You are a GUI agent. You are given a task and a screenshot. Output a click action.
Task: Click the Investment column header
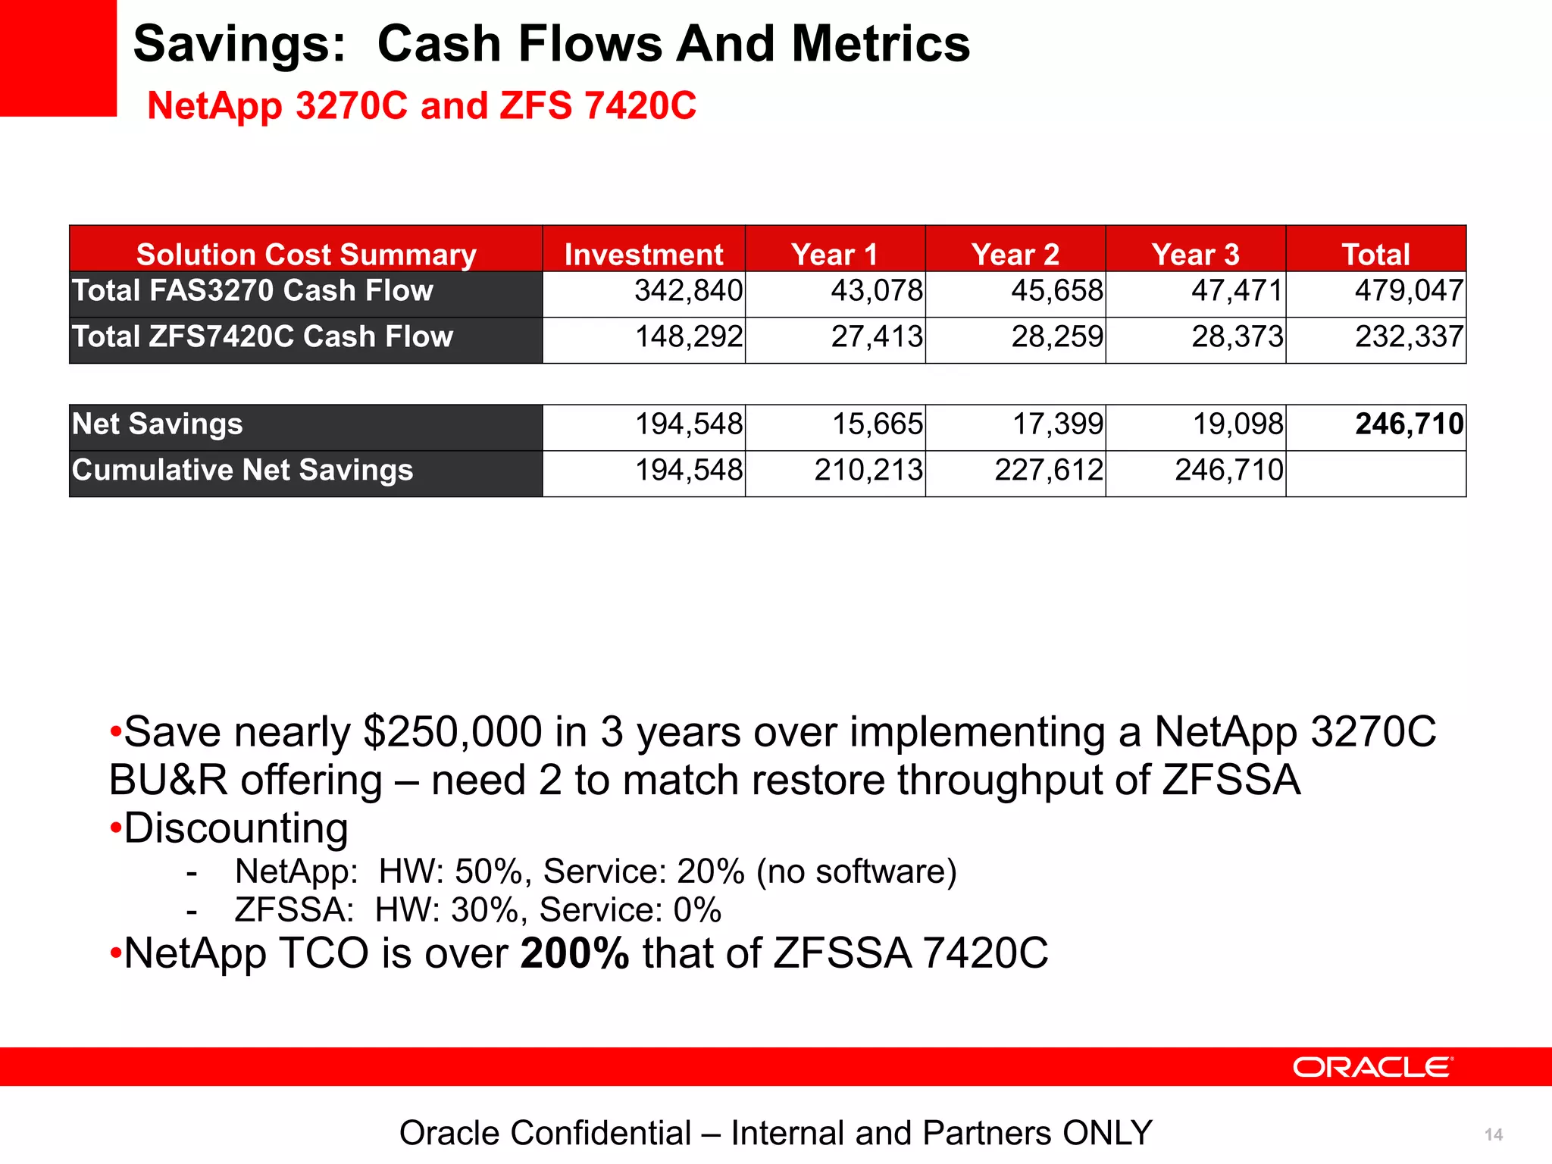(x=643, y=254)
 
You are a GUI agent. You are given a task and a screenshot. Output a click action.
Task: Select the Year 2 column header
(x=1015, y=254)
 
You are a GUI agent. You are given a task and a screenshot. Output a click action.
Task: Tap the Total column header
(x=1375, y=254)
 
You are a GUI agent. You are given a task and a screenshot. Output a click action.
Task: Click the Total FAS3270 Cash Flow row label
(x=252, y=291)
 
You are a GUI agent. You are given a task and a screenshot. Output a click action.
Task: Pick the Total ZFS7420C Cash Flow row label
(x=262, y=337)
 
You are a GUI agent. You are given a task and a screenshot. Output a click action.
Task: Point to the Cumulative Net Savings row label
(x=242, y=471)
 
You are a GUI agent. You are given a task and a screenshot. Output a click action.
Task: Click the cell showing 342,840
(x=688, y=291)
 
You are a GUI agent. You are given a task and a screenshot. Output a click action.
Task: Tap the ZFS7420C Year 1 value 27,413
(x=877, y=337)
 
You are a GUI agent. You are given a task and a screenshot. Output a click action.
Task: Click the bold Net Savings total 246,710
(x=1409, y=424)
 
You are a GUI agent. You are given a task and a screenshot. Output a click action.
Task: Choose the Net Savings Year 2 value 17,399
(x=1057, y=424)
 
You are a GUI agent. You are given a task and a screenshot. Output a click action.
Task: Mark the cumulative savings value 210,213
(x=868, y=471)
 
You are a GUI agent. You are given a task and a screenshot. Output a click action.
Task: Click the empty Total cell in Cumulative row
(x=1375, y=474)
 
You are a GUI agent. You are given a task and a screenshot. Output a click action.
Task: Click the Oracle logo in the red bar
(x=1372, y=1067)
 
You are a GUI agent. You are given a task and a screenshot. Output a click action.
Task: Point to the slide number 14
(x=1494, y=1134)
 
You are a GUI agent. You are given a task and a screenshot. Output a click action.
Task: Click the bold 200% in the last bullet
(x=574, y=953)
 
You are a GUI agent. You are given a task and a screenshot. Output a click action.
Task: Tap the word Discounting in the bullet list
(x=236, y=828)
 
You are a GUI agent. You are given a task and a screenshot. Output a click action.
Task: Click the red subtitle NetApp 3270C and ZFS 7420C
(x=421, y=105)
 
